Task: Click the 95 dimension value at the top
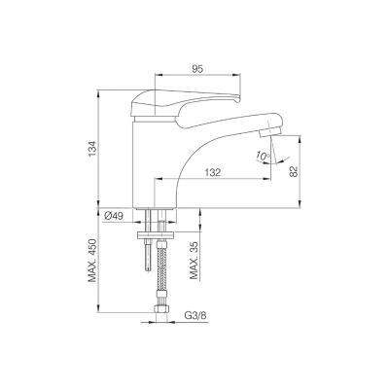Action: [197, 69]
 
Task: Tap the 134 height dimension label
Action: [92, 150]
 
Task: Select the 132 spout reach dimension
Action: [212, 172]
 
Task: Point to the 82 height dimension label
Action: [294, 171]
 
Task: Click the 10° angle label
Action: [262, 156]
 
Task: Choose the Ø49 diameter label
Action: [114, 216]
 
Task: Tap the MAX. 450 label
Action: [92, 261]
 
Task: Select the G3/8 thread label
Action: [195, 315]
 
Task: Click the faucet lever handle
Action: [182, 104]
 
